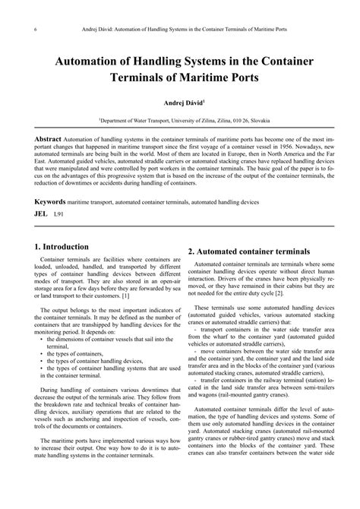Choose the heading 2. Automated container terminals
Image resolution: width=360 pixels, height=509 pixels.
pyautogui.click(x=248, y=251)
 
